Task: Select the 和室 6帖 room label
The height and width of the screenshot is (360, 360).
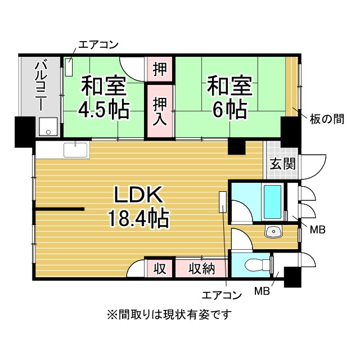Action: [229, 97]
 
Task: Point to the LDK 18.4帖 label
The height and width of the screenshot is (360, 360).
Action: [138, 207]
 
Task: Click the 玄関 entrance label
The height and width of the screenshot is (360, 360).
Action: [282, 164]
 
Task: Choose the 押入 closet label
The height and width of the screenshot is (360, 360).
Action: [160, 111]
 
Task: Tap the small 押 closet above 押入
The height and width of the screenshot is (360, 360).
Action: [160, 69]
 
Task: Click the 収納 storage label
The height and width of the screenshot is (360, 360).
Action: [202, 268]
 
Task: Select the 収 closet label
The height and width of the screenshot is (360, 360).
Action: [160, 268]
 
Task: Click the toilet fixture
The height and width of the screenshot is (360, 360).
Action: [257, 265]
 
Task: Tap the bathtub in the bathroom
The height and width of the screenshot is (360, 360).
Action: [272, 202]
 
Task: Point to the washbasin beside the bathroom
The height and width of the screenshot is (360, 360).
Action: [273, 231]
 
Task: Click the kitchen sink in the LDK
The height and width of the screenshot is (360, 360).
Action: [75, 150]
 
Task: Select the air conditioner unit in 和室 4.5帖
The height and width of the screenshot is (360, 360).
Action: [69, 67]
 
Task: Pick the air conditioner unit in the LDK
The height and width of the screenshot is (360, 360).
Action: [223, 202]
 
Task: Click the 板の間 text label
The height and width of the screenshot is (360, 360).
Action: [327, 119]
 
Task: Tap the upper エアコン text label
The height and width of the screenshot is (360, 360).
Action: [98, 45]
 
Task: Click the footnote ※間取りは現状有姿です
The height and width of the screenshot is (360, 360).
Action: [169, 314]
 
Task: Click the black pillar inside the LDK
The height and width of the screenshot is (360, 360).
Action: [236, 146]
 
